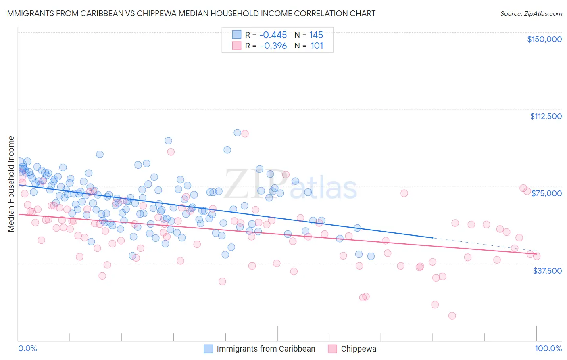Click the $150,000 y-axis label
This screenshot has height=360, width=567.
coord(544,39)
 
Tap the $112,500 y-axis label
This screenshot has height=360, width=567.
coord(546,116)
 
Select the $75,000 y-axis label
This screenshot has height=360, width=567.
coord(546,193)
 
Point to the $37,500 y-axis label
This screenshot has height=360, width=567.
coord(547,271)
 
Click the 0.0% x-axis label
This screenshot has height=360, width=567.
coord(27,348)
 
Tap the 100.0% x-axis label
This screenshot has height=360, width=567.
coord(548,348)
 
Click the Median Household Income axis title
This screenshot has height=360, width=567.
coord(11,184)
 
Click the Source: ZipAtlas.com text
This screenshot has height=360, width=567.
coord(531,13)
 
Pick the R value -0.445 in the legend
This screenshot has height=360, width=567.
coord(273,35)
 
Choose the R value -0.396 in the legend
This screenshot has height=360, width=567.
coord(273,46)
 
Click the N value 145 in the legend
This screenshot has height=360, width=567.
coord(316,35)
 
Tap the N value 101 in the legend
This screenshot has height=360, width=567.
coord(317,46)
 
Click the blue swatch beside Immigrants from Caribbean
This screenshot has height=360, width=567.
coord(208,349)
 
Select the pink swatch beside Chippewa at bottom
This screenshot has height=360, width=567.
coord(332,349)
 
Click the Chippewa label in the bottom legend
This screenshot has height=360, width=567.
coord(359,349)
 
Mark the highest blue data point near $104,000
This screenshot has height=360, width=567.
coord(238,132)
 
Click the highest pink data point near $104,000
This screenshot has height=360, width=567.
coord(245,134)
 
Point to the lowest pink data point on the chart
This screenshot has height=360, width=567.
coord(452,316)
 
